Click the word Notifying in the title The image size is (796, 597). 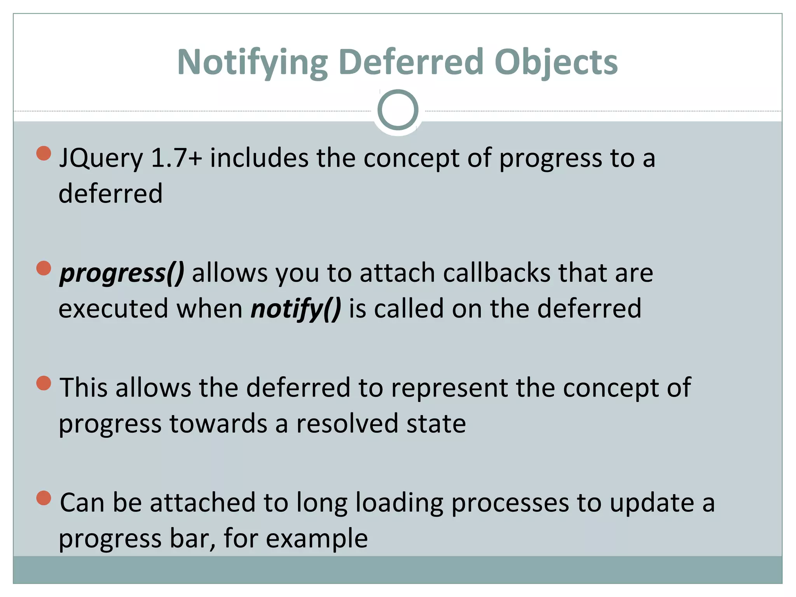point(252,62)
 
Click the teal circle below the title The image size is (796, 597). point(398,110)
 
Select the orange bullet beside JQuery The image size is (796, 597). point(44,153)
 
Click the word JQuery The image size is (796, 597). point(101,159)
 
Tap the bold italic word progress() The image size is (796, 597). point(122,273)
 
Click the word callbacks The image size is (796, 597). point(496,272)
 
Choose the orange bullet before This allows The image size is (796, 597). point(44,383)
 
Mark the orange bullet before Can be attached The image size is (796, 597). point(44,498)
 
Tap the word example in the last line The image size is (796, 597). point(317,539)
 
